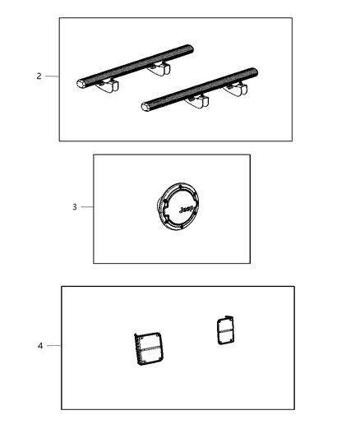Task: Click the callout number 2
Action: click(x=39, y=76)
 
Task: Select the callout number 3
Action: click(x=75, y=207)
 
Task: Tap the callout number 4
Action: click(x=40, y=346)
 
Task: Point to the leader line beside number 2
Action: click(x=52, y=76)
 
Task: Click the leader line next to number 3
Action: click(x=87, y=207)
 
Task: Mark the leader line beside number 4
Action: click(x=53, y=345)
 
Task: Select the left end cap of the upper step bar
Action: click(x=81, y=84)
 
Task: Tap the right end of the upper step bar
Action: click(x=190, y=48)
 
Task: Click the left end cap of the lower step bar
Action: click(x=145, y=107)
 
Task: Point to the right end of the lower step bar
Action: click(x=255, y=71)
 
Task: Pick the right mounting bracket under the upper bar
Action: click(x=159, y=69)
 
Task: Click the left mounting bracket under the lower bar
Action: click(x=196, y=102)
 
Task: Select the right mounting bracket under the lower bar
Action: click(x=235, y=90)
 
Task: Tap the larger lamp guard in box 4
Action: click(x=148, y=349)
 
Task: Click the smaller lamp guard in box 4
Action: click(x=226, y=330)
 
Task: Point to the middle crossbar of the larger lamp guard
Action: click(x=150, y=348)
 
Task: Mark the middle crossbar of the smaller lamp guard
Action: click(x=226, y=331)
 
